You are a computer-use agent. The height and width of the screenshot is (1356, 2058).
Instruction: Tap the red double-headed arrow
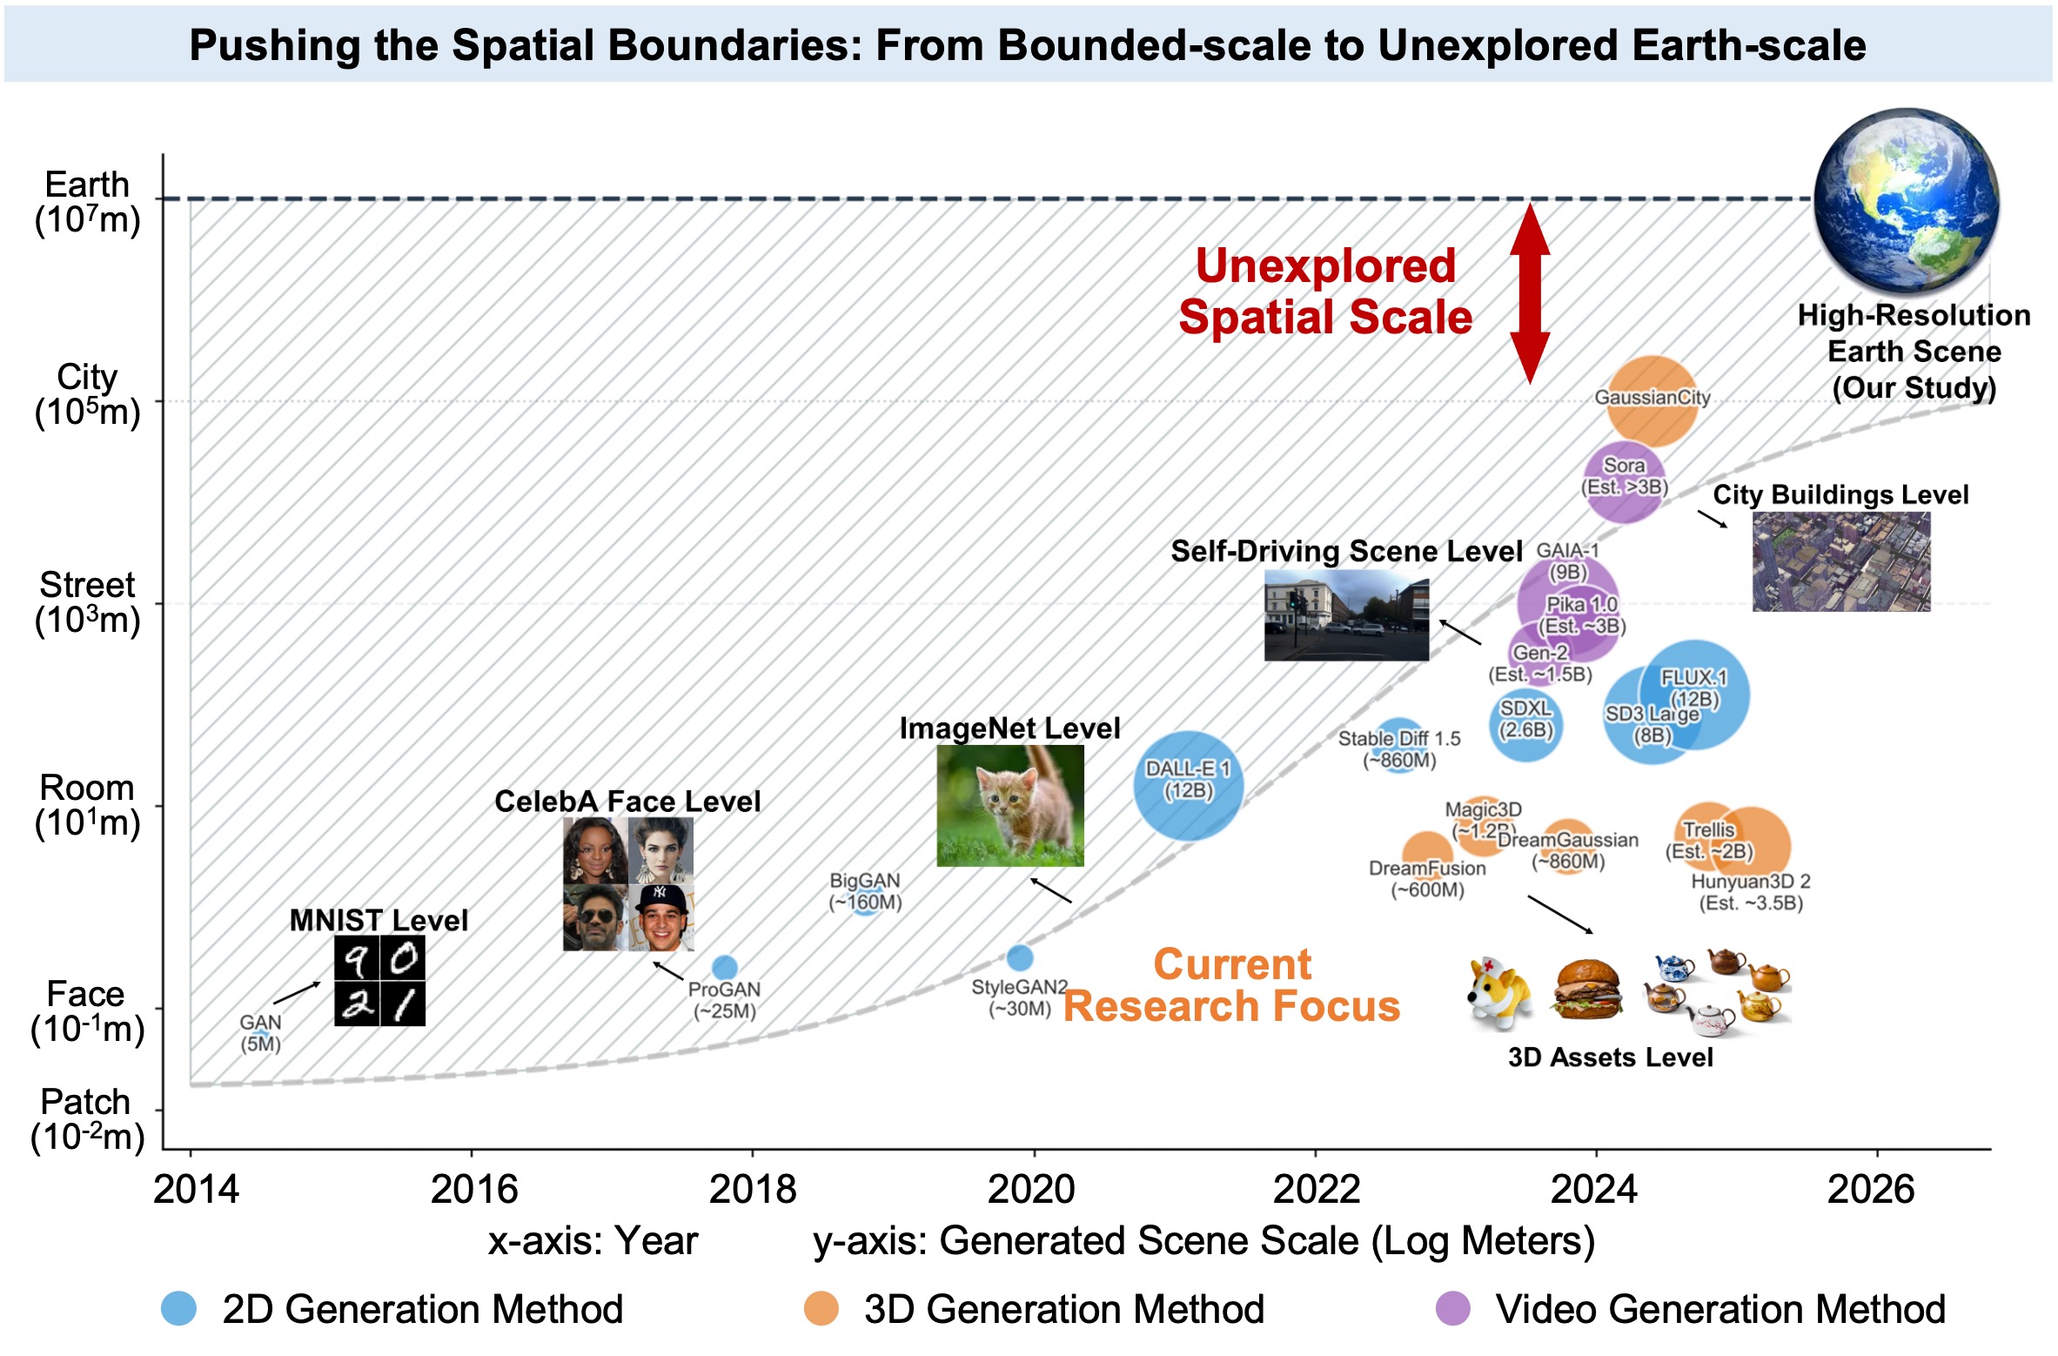[1529, 293]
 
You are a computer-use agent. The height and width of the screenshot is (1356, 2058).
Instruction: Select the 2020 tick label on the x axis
[1032, 1189]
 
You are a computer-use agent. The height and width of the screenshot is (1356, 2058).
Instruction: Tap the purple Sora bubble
[1624, 481]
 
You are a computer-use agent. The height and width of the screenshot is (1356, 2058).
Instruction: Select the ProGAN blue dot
[724, 967]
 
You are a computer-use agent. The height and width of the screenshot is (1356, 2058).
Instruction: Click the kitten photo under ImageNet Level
[1009, 805]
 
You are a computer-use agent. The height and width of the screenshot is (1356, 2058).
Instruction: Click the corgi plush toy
[1499, 992]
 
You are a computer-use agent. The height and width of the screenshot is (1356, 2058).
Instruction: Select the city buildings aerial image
[1840, 561]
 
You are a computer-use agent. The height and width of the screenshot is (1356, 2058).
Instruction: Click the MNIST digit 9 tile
[356, 958]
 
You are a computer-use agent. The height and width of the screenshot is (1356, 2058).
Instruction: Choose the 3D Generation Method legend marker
[821, 1308]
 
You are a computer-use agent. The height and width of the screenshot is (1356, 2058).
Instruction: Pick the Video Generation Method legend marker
[1452, 1308]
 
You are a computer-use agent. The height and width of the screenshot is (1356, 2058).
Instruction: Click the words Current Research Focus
[1231, 985]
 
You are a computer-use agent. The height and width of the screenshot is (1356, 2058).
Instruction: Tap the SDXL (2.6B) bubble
[1525, 724]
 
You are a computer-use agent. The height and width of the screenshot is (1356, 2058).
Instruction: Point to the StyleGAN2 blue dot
[1019, 957]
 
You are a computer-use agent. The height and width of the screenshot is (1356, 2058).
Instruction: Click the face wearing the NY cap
[660, 918]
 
